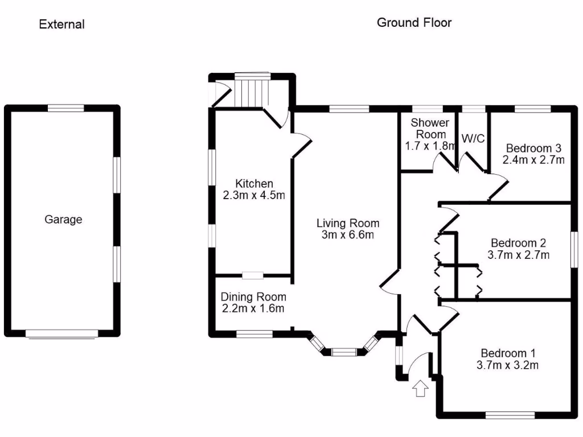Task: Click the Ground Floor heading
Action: (414, 23)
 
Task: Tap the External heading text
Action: (61, 24)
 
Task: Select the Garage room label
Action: (63, 219)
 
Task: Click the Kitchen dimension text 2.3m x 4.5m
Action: (253, 195)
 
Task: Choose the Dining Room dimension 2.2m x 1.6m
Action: (253, 309)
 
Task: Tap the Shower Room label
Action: (430, 128)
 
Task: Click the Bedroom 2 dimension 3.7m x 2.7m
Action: (519, 254)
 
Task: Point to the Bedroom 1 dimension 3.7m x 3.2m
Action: (507, 365)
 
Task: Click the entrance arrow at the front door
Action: (421, 389)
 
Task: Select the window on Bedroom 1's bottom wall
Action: (510, 415)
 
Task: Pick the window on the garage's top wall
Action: (65, 108)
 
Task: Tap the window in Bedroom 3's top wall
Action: (533, 108)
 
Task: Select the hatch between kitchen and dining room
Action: (252, 276)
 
